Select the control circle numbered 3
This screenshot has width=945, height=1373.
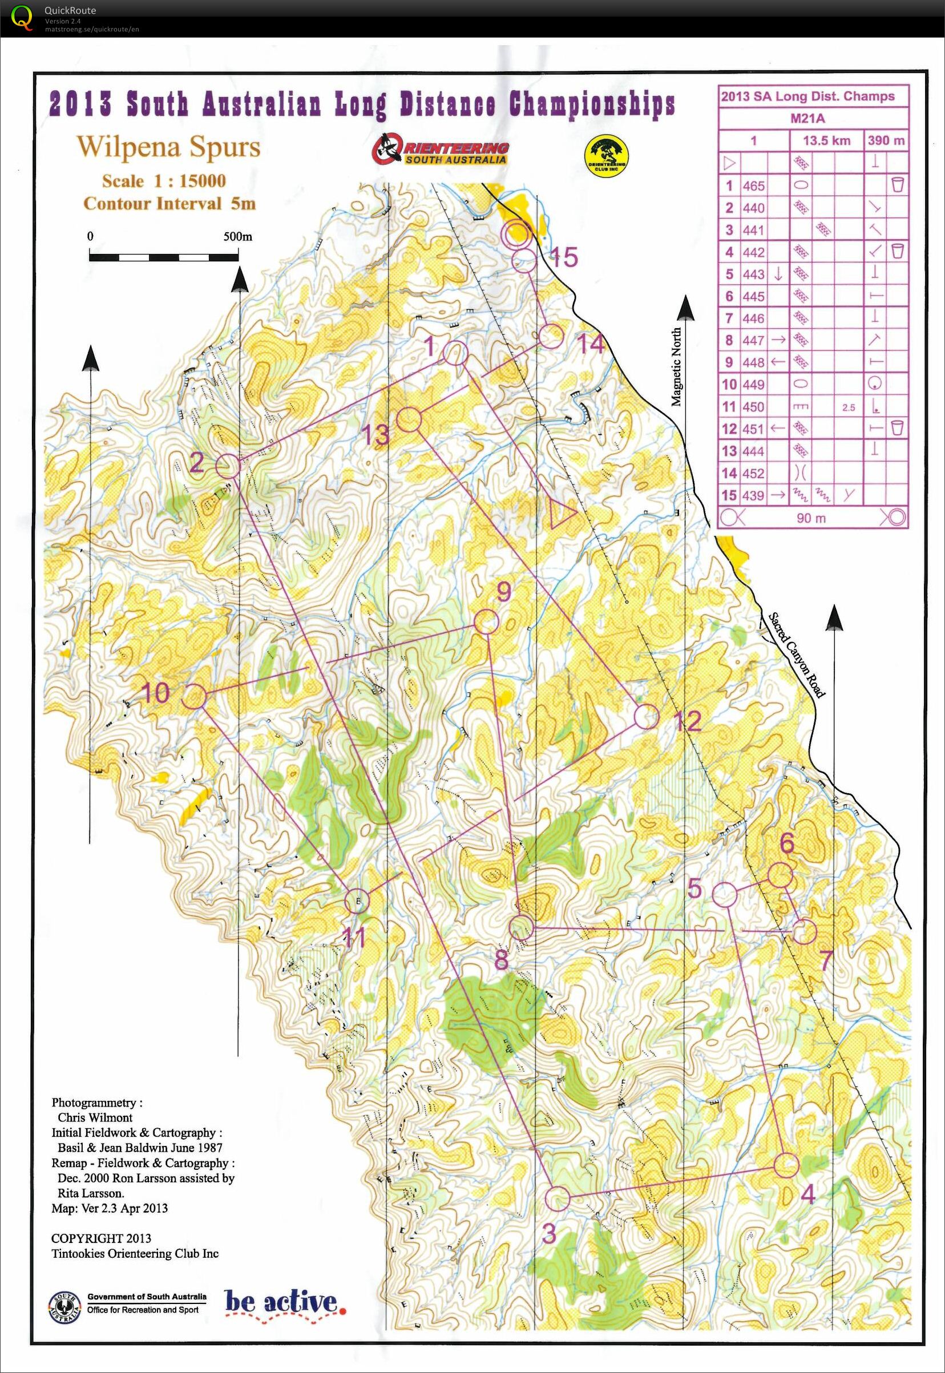556,1199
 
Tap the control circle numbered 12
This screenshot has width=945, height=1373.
646,716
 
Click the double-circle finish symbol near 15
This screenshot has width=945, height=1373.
514,233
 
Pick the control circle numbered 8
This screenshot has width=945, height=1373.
522,927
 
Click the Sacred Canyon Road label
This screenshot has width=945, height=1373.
796,655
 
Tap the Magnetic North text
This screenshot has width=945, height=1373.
676,367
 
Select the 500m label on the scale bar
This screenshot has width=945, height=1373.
237,237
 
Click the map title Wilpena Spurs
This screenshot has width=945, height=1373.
169,146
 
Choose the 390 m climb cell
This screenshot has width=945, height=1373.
886,140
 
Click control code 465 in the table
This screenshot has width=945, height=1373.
753,186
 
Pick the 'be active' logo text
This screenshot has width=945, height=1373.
281,1302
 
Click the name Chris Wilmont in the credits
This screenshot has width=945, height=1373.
95,1117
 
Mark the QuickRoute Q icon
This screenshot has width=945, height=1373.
22,17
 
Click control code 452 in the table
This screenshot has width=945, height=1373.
753,473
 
